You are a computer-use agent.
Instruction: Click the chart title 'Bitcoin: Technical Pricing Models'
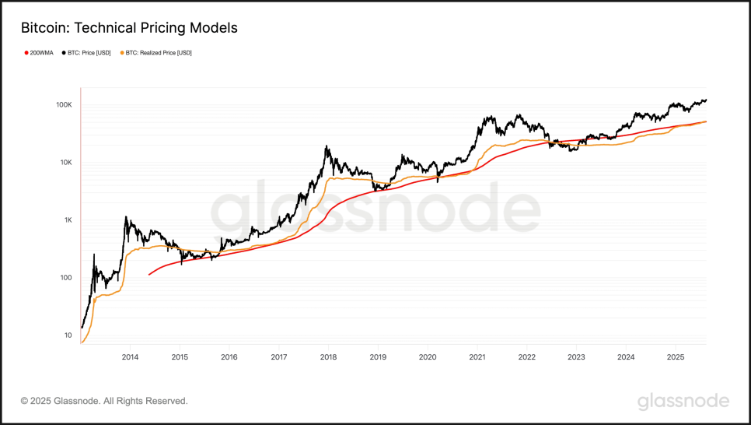pos(129,28)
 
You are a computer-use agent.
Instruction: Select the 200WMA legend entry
pos(40,53)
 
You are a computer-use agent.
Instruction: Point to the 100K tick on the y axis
pos(64,104)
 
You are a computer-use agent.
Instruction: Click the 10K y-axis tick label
pos(65,163)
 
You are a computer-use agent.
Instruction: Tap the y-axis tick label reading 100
pos(66,278)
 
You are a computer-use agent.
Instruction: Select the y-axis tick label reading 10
pos(68,335)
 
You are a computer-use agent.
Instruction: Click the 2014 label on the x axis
pos(130,357)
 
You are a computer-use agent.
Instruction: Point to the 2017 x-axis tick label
pos(278,357)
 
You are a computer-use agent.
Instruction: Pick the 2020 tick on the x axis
pos(428,357)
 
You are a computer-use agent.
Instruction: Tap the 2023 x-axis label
pos(576,357)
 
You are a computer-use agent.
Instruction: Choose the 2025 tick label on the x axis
pos(676,357)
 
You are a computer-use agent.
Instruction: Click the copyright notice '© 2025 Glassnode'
pos(104,401)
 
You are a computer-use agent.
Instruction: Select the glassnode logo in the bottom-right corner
pos(683,402)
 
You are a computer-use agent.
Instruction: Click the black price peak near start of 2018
pos(327,146)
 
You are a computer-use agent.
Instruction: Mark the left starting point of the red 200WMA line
pos(149,275)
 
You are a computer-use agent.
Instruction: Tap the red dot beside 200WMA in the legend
pos(26,53)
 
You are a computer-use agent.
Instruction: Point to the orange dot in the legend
pos(122,53)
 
